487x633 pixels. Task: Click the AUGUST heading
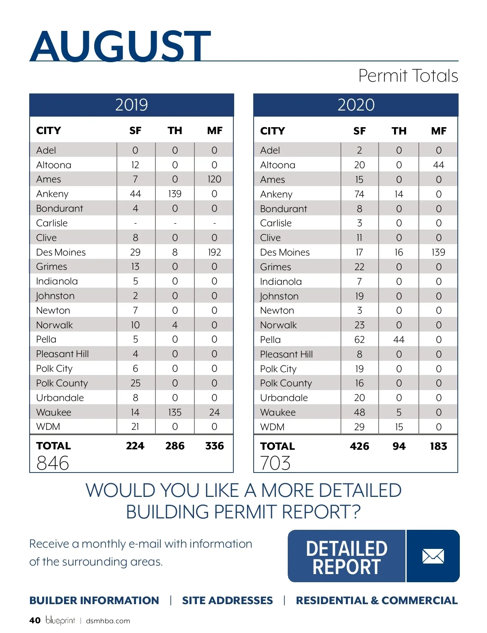coord(120,46)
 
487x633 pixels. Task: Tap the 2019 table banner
coord(131,105)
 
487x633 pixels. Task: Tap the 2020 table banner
coord(356,105)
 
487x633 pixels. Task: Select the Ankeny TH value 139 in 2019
coord(175,194)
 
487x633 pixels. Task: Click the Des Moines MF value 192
coord(214,252)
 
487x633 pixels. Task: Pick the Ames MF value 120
coord(214,179)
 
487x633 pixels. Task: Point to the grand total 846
coord(53,463)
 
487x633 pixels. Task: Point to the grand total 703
coord(276,463)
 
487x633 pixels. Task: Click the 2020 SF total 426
coord(360,446)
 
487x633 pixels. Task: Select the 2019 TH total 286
coord(175,446)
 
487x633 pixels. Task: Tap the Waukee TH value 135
coord(175,412)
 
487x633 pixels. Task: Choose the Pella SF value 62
coord(360,340)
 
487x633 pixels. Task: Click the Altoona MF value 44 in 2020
coord(439,165)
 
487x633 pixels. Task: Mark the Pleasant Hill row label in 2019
coord(62,354)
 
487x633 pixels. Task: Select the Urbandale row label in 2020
coord(284,398)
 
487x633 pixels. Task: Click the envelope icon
coord(433,556)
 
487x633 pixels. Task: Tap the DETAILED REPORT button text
coord(347,557)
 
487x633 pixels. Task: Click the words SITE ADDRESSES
coord(227,600)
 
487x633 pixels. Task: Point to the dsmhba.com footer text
coord(108,621)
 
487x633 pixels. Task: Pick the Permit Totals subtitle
coord(408,76)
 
